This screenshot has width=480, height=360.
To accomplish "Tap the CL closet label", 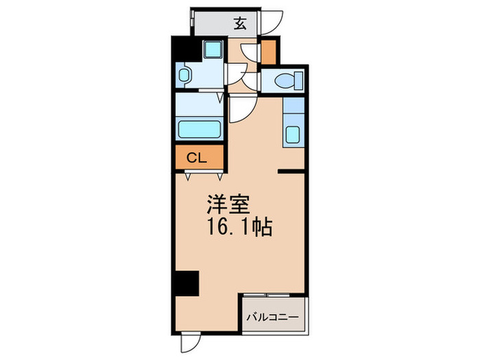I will [197, 158].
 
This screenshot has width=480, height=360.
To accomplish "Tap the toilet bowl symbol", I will [284, 82].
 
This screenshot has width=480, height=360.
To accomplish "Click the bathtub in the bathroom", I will [199, 129].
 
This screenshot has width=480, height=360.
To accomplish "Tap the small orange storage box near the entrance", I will [269, 51].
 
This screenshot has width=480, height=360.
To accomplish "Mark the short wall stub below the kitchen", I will [291, 171].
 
